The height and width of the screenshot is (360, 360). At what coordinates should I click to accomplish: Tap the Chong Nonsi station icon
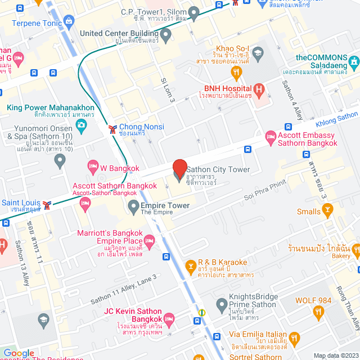click(x=113, y=129)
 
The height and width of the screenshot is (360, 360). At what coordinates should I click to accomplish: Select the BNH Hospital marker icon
click(x=259, y=89)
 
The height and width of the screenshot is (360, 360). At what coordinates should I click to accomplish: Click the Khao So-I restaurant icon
click(x=236, y=72)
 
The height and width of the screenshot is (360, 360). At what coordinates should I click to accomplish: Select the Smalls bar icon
click(x=327, y=211)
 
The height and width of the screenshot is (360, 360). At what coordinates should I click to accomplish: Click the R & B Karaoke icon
click(x=192, y=264)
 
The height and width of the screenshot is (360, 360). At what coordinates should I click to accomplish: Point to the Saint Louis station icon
click(x=47, y=204)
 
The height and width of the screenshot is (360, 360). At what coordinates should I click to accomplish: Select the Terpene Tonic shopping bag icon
click(x=69, y=22)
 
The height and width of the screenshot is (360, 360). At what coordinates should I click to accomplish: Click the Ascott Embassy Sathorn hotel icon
click(x=271, y=136)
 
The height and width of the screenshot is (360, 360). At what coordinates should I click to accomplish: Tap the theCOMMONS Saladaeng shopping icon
click(x=353, y=61)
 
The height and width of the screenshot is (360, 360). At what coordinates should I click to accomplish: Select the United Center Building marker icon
click(x=165, y=35)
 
